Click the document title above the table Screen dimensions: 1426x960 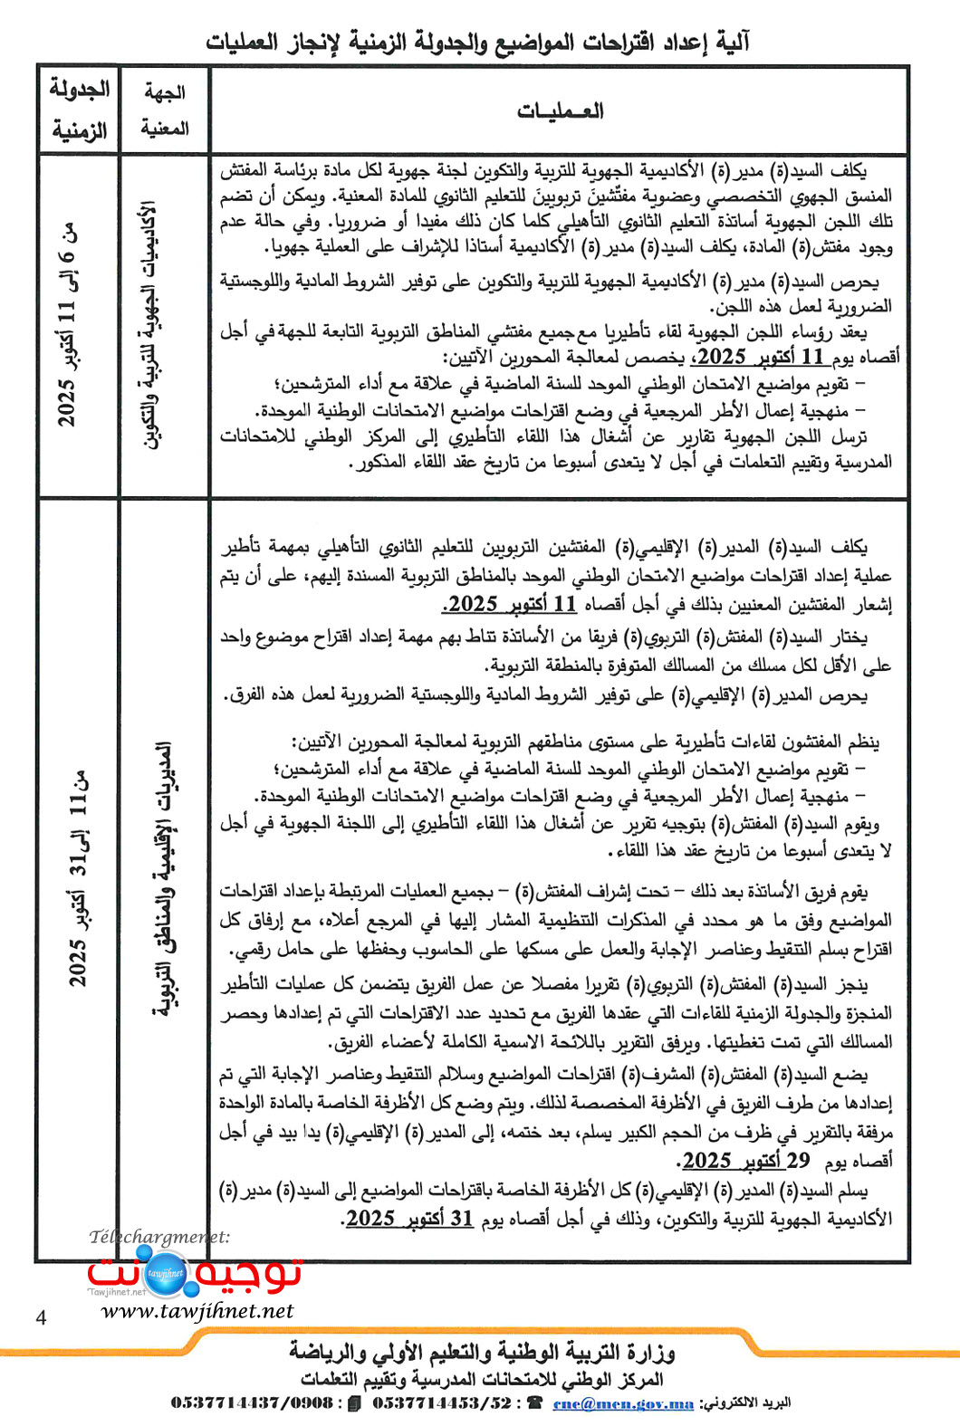477,43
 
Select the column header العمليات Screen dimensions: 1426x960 560,111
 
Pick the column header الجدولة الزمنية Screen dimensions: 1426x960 79,110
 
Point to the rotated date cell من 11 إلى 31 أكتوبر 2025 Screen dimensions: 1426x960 78,878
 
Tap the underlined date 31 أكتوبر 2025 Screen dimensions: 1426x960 409,1218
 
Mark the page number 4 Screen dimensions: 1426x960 41,1317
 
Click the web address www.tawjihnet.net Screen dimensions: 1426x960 197,1310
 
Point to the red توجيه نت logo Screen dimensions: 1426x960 194,1272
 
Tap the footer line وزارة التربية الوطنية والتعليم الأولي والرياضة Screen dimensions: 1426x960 482,1353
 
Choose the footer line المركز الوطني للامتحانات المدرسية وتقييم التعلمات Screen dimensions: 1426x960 482,1379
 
